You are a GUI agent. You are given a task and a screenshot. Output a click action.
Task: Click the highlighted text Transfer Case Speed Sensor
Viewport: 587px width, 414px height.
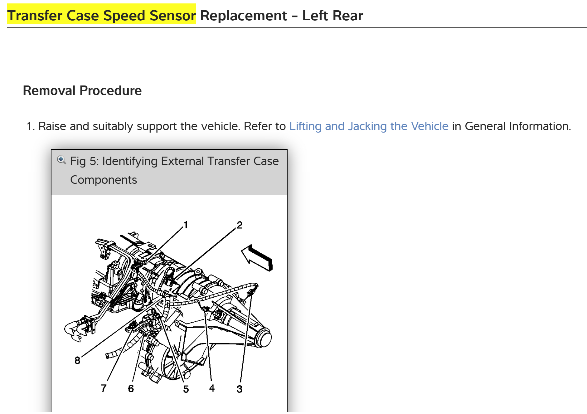pyautogui.click(x=101, y=15)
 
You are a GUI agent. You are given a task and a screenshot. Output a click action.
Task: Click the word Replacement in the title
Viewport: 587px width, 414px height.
pyautogui.click(x=243, y=15)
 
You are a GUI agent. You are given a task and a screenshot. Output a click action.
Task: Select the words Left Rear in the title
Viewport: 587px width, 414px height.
pyautogui.click(x=332, y=15)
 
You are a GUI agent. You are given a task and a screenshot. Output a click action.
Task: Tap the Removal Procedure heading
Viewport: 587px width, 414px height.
pyautogui.click(x=82, y=90)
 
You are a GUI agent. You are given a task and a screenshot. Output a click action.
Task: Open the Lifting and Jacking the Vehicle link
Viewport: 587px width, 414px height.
pyautogui.click(x=369, y=126)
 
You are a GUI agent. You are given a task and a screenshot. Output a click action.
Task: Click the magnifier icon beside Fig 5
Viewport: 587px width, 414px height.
pyautogui.click(x=61, y=160)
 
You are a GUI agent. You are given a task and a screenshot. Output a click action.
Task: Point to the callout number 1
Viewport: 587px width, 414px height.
pyautogui.click(x=186, y=225)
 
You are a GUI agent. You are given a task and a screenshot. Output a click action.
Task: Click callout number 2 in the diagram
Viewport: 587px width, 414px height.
pyautogui.click(x=240, y=225)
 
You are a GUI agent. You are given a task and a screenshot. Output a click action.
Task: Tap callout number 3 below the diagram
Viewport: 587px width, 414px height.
pyautogui.click(x=239, y=389)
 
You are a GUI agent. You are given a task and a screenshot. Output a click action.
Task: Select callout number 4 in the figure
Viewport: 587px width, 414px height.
pyautogui.click(x=212, y=388)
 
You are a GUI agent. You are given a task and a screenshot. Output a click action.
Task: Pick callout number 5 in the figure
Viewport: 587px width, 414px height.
pyautogui.click(x=186, y=389)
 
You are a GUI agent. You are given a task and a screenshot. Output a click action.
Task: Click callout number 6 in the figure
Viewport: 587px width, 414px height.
pyautogui.click(x=131, y=388)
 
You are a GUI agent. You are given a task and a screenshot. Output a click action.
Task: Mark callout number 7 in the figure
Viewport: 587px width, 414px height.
pyautogui.click(x=104, y=388)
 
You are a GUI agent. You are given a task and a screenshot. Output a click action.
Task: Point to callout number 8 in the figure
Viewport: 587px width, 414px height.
pyautogui.click(x=77, y=360)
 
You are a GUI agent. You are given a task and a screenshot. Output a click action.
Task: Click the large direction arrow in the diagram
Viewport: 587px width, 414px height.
pyautogui.click(x=257, y=258)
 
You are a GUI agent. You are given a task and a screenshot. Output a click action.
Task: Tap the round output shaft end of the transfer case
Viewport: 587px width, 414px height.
pyautogui.click(x=264, y=338)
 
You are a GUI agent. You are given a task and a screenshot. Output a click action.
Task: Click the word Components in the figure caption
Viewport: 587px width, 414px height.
pyautogui.click(x=104, y=180)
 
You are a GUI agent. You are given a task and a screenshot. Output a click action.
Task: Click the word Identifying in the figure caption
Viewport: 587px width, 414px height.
pyautogui.click(x=130, y=161)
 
